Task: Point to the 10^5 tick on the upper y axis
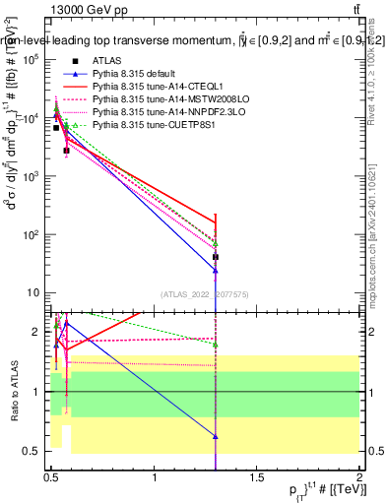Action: point(32,59)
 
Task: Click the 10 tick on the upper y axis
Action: point(33,292)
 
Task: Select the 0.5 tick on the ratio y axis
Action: point(32,452)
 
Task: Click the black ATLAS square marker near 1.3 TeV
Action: point(215,257)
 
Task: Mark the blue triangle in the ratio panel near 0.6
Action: point(215,436)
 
